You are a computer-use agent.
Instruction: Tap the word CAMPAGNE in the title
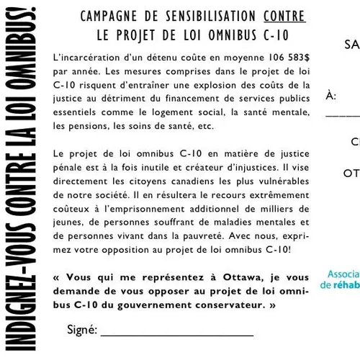(107, 17)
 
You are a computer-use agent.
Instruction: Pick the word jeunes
(68, 222)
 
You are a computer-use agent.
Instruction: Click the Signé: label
(81, 330)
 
